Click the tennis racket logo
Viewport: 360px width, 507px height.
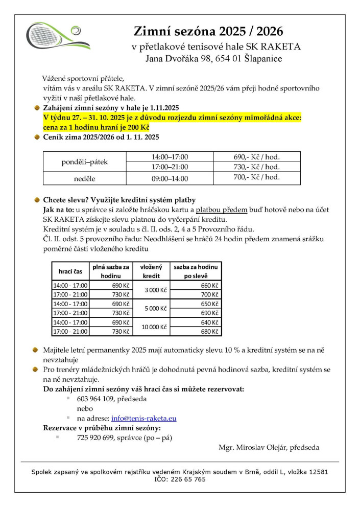57,36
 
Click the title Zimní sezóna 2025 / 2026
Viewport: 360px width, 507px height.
208,31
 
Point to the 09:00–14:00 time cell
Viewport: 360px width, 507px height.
170,179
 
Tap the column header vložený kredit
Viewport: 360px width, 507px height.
151,271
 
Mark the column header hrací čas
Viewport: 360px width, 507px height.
70,271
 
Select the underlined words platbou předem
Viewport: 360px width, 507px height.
222,210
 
